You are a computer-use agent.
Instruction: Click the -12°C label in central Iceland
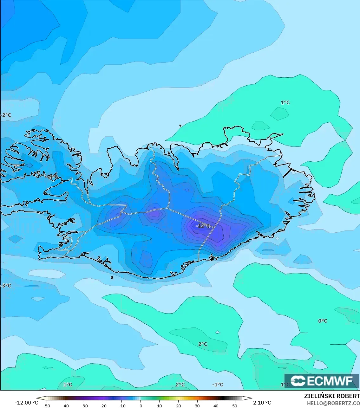coord(203,226)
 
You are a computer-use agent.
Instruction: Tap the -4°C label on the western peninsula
coord(53,177)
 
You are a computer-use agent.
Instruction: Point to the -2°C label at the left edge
coord(6,115)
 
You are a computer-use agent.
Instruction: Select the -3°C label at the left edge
coord(6,286)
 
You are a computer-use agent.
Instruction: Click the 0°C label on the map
coord(323,321)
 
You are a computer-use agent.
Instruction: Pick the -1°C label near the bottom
coord(218,385)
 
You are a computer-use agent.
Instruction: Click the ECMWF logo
coord(322,381)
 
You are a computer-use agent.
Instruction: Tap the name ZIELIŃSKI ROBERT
coord(332,396)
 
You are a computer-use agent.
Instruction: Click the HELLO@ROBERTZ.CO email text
coord(333,403)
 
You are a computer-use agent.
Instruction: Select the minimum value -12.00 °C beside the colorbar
coord(26,403)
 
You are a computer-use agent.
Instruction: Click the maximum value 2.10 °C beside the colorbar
coord(262,403)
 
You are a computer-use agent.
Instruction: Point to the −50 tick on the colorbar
coord(46,405)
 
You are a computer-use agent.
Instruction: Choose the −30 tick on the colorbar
coord(84,405)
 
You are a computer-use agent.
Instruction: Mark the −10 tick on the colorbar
coord(122,405)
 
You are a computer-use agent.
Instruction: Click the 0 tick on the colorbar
coord(141,405)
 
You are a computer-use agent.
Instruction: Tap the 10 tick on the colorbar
coord(160,405)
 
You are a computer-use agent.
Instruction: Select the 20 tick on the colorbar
coord(178,405)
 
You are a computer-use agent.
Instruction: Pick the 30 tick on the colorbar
coord(197,405)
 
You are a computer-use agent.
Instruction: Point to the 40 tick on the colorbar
coord(216,405)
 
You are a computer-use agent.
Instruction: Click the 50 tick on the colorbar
coord(235,405)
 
